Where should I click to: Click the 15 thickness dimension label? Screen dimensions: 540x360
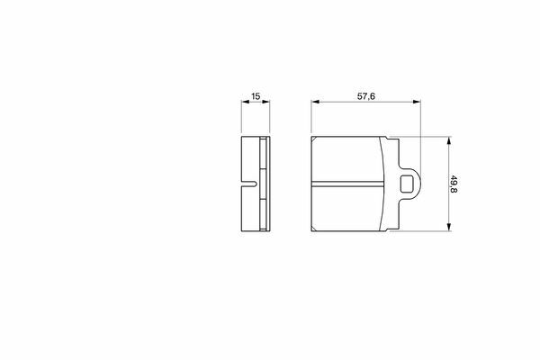point(256,96)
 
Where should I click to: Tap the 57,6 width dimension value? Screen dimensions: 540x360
point(365,96)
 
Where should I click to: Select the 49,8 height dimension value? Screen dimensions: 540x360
point(454,184)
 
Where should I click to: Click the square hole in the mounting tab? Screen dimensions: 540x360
point(407,184)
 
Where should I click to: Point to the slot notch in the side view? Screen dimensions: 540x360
point(249,184)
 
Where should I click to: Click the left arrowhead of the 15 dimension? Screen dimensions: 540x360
point(246,102)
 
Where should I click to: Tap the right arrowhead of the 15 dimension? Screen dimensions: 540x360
point(265,102)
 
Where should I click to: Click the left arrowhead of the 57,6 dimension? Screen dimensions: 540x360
point(316,102)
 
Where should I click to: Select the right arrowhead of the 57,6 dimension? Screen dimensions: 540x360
point(417,102)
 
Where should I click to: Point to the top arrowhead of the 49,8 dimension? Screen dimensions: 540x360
point(448,141)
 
